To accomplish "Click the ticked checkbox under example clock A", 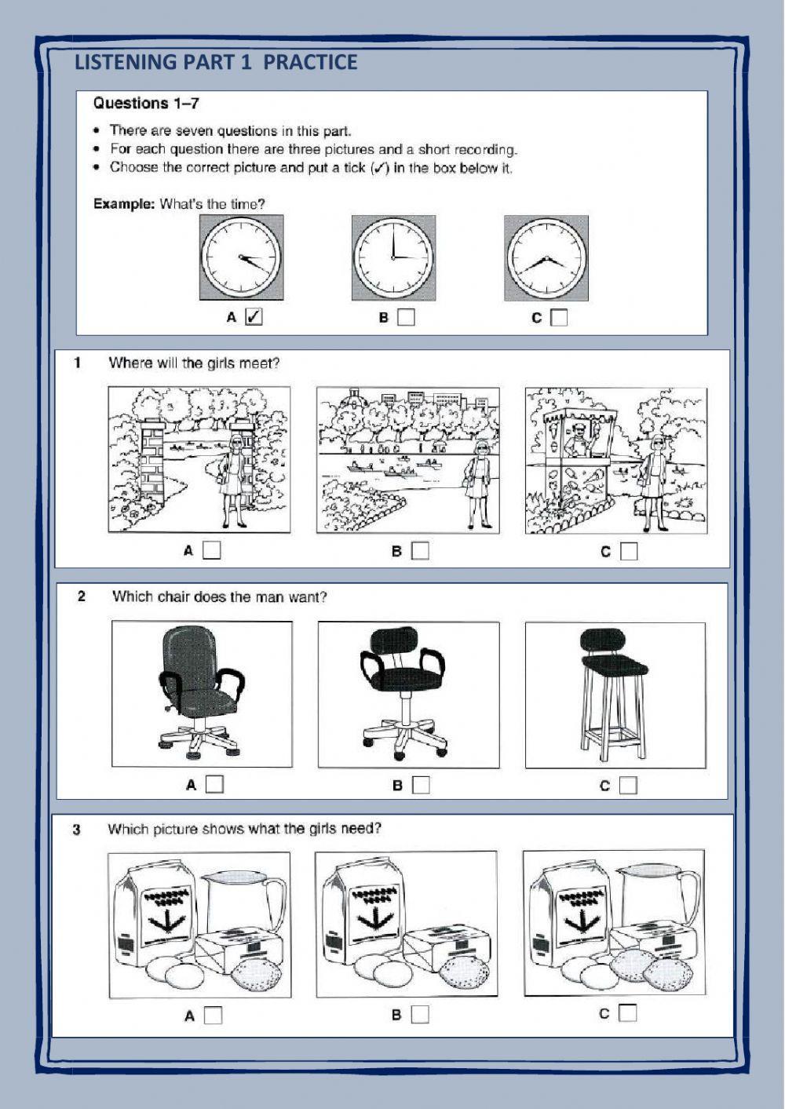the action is point(254,317).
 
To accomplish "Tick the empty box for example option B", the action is point(406,317).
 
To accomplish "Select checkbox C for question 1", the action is point(629,551).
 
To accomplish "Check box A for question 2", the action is point(214,784).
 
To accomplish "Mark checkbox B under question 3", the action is point(420,1015).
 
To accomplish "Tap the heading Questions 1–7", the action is point(146,104).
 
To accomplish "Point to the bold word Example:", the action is point(125,204).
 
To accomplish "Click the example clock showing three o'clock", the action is point(394,257).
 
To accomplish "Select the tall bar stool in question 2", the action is point(614,694).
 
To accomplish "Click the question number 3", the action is point(76,830).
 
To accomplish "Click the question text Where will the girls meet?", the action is point(194,363).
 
